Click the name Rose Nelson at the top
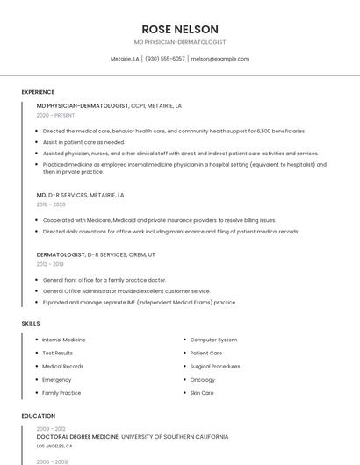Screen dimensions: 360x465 pos(180,29)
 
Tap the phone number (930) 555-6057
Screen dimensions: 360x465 pos(164,59)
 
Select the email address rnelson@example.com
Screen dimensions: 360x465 pos(220,59)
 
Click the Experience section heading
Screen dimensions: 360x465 pos(38,91)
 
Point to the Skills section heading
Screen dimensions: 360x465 pos(31,323)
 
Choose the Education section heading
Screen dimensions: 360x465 pos(39,416)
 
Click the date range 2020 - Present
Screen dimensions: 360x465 pos(55,115)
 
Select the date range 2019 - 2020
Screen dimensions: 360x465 pos(51,204)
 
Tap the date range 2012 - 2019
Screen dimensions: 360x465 pos(50,263)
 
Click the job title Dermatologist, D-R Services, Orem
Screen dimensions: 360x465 pos(96,254)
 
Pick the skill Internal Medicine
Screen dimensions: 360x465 pos(64,340)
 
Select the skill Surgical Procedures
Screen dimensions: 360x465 pos(215,366)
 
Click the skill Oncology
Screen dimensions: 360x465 pos(203,380)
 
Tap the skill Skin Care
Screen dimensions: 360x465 pos(202,393)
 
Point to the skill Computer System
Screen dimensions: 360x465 pos(214,340)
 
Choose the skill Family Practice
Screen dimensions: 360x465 pos(62,393)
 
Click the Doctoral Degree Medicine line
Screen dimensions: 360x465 pos(133,436)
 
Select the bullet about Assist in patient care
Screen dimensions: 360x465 pos(83,142)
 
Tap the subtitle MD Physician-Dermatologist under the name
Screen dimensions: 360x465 pos(180,42)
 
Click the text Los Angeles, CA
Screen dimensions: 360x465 pos(55,446)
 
